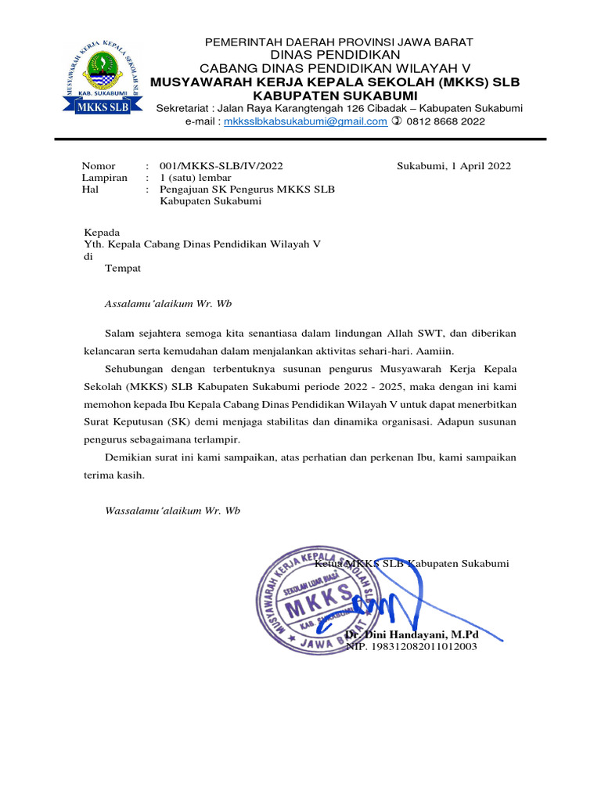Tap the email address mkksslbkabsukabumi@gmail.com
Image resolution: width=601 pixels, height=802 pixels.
click(x=305, y=121)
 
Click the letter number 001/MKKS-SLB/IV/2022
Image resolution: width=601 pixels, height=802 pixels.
click(x=221, y=166)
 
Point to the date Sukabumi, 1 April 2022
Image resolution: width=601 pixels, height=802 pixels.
click(x=454, y=166)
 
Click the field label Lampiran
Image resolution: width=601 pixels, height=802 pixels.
click(x=105, y=178)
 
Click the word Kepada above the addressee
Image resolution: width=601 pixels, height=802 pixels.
click(x=102, y=233)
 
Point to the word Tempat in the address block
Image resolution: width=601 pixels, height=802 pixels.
click(x=123, y=268)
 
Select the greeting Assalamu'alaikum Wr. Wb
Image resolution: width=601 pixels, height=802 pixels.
click(x=168, y=303)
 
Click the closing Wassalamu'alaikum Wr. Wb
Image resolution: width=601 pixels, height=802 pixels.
click(x=172, y=511)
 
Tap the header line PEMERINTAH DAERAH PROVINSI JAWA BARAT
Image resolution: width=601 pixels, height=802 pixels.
click(x=339, y=42)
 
